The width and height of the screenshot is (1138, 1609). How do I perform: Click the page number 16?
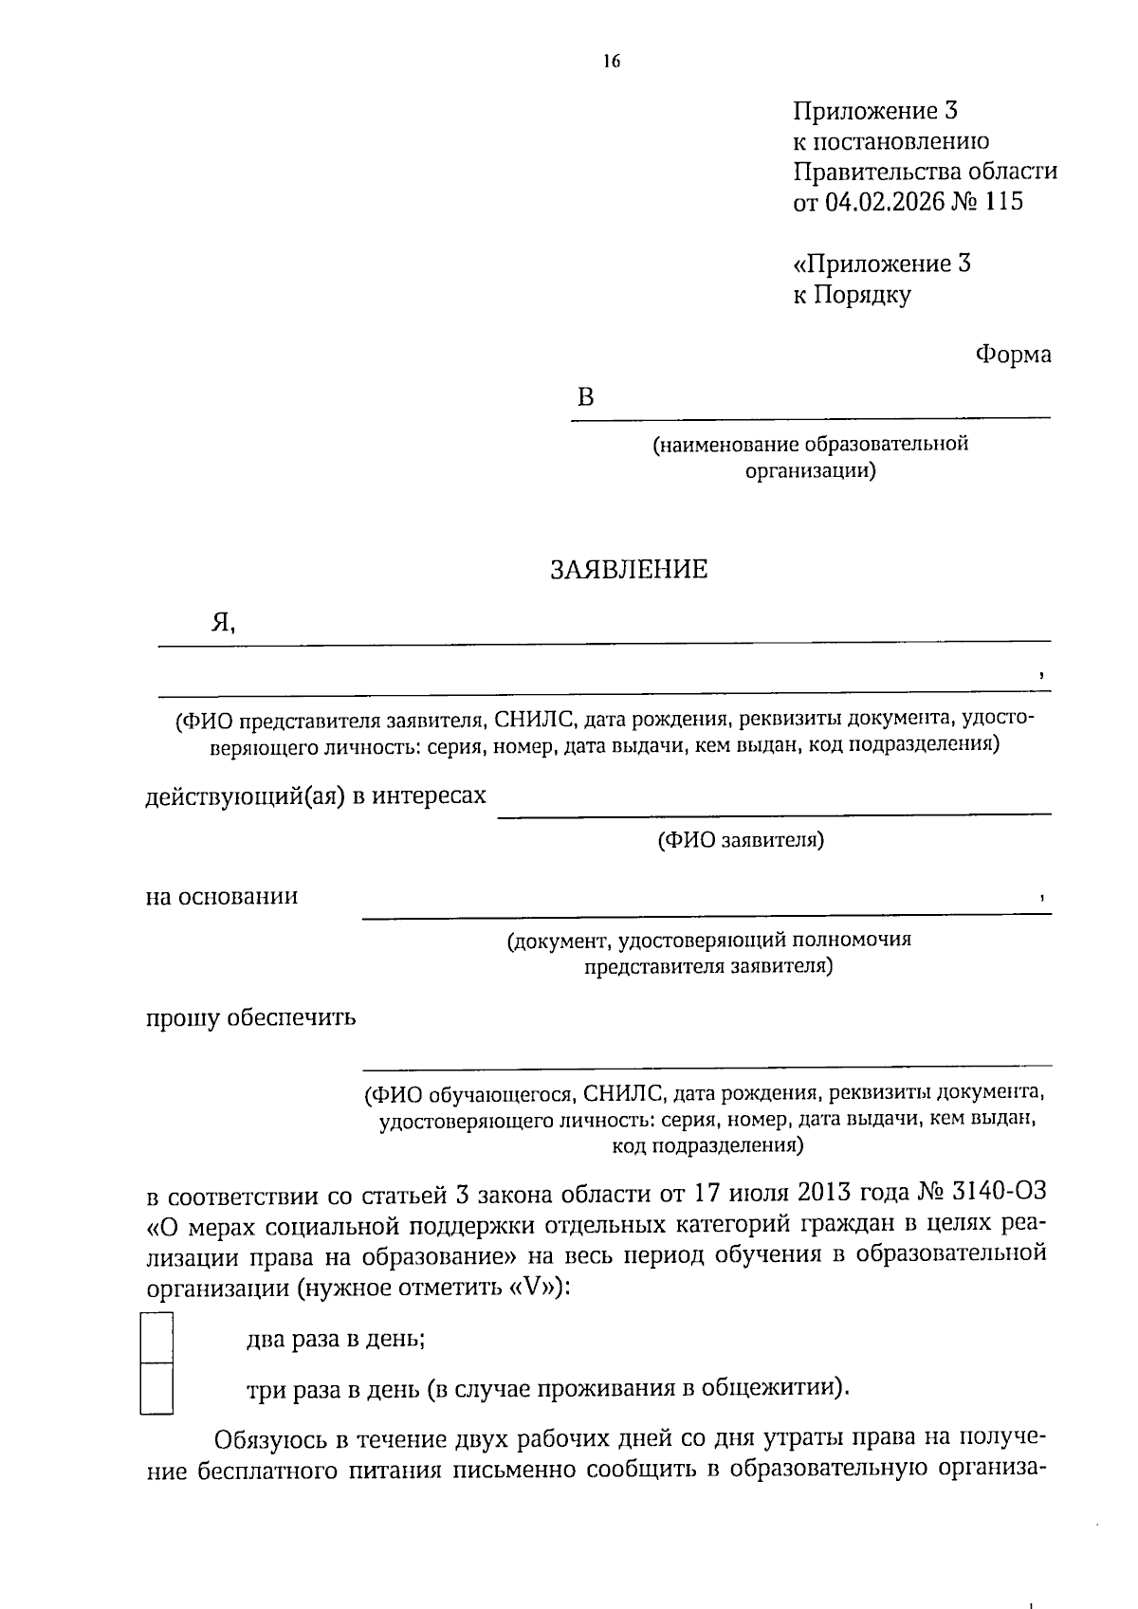click(611, 63)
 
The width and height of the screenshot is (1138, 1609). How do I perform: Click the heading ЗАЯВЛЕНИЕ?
click(629, 570)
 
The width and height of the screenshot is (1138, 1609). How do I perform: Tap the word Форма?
click(1013, 355)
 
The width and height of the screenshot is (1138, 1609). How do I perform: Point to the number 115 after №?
click(1003, 202)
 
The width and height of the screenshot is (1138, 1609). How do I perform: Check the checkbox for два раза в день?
click(156, 1337)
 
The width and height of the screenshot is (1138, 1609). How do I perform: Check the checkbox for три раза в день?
click(156, 1388)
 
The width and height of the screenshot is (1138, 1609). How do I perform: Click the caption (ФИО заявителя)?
click(741, 840)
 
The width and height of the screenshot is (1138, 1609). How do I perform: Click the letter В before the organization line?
click(585, 398)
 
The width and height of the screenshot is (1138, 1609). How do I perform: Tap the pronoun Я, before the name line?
click(222, 623)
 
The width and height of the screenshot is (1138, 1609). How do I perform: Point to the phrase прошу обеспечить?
click(250, 1018)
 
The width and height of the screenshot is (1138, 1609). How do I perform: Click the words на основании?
click(222, 896)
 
